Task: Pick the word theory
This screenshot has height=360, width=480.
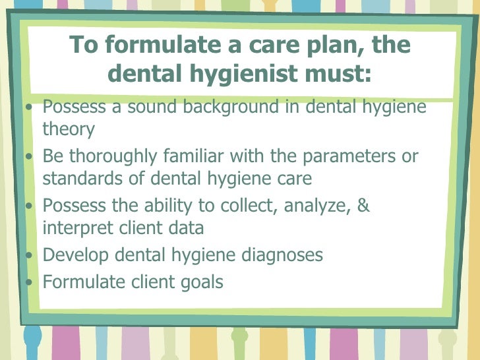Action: pyautogui.click(x=69, y=129)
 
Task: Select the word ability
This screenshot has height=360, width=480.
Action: pyautogui.click(x=165, y=206)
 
